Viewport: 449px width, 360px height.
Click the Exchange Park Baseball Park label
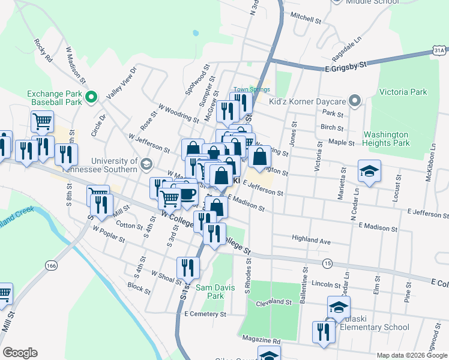tap(54, 98)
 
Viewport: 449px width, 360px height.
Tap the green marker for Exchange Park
tap(91, 97)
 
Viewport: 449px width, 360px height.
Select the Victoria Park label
tap(403, 92)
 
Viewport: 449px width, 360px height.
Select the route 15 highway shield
tap(327, 263)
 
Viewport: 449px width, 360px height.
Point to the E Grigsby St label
tap(345, 68)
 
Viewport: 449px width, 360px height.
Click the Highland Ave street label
tap(312, 241)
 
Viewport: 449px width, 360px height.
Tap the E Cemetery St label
tap(205, 314)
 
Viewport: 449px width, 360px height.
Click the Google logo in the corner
tap(20, 352)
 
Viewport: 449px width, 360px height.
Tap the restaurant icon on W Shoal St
tap(188, 268)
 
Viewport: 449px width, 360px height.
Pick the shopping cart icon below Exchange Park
tap(43, 121)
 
